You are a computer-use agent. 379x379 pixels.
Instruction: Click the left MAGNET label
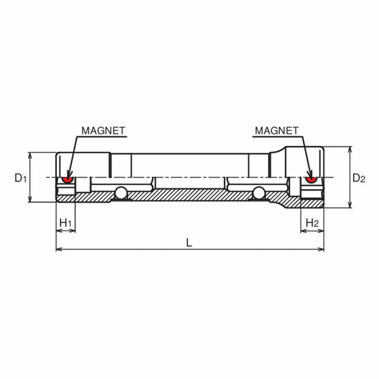(x=103, y=131)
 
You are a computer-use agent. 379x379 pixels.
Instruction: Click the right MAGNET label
(x=277, y=131)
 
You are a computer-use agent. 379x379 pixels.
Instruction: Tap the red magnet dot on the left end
(x=66, y=180)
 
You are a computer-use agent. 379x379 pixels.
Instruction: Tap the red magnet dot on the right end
(x=310, y=180)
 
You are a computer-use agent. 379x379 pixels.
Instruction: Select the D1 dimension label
(x=20, y=178)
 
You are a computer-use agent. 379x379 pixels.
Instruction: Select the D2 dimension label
(x=358, y=178)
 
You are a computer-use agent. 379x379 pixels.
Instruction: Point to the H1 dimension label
(x=66, y=222)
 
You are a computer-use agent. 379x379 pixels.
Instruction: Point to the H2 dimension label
(x=312, y=222)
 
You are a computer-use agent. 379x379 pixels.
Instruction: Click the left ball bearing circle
(x=121, y=193)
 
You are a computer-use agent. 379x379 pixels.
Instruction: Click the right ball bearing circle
(x=259, y=193)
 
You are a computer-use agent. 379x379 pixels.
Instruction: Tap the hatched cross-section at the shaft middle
(x=189, y=195)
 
